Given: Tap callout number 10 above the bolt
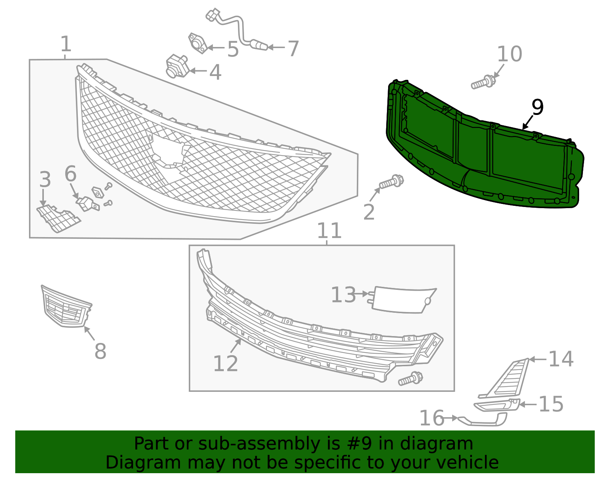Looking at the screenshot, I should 509,54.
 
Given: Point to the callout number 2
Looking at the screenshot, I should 369,212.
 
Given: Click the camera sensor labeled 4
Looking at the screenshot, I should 177,66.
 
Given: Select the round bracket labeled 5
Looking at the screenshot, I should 197,43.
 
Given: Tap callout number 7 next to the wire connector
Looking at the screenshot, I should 293,49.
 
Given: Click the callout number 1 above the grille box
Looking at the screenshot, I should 66,44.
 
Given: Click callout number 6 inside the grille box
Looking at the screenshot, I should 71,174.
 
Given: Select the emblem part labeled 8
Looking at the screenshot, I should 66,308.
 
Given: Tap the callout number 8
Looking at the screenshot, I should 100,351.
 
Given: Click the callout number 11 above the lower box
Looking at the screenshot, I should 329,231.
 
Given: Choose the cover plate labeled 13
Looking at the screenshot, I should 403,300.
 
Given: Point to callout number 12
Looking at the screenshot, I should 225,363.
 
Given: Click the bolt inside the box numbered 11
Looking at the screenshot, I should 410,378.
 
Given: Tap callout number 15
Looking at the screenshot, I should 551,404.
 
